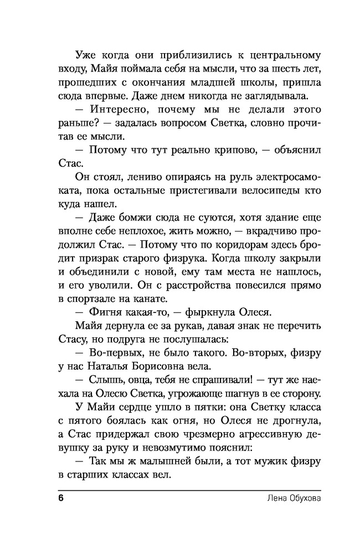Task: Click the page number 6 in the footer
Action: point(61,498)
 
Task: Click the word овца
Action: point(137,379)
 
